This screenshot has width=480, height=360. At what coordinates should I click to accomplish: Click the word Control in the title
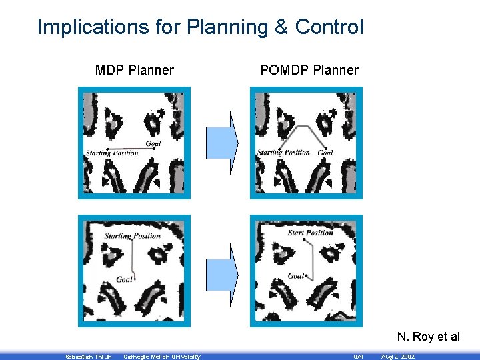tap(329, 27)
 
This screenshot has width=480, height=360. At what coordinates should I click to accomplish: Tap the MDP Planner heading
tap(134, 70)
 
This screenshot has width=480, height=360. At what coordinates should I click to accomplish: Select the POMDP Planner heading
tap(309, 70)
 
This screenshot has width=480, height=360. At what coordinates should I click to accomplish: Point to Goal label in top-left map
tap(153, 143)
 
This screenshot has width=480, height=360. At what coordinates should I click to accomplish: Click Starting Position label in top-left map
tap(112, 153)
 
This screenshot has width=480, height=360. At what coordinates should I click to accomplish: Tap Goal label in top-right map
tap(325, 153)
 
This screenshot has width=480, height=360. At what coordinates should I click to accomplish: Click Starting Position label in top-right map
tap(284, 153)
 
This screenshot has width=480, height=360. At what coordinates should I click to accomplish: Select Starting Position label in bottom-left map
tap(132, 235)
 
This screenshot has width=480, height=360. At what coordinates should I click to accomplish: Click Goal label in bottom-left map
tap(124, 279)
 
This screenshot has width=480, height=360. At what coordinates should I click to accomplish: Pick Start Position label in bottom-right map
tap(310, 233)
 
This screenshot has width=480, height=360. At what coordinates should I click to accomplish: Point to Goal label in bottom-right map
tap(295, 275)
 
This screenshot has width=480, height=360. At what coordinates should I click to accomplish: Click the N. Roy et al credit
tap(428, 337)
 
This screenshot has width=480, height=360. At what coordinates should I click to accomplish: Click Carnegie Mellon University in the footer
tap(162, 357)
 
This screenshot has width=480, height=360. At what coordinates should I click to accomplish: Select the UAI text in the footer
tap(358, 357)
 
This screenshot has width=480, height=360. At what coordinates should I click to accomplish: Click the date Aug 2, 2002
tap(397, 357)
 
